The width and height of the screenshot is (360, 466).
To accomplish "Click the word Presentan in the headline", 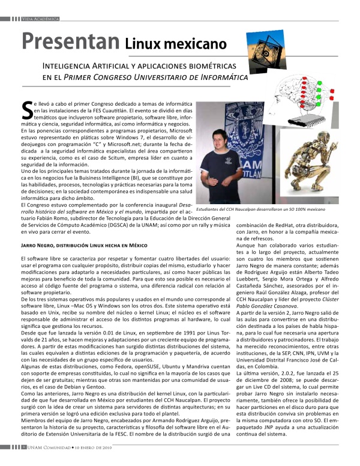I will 70,41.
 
